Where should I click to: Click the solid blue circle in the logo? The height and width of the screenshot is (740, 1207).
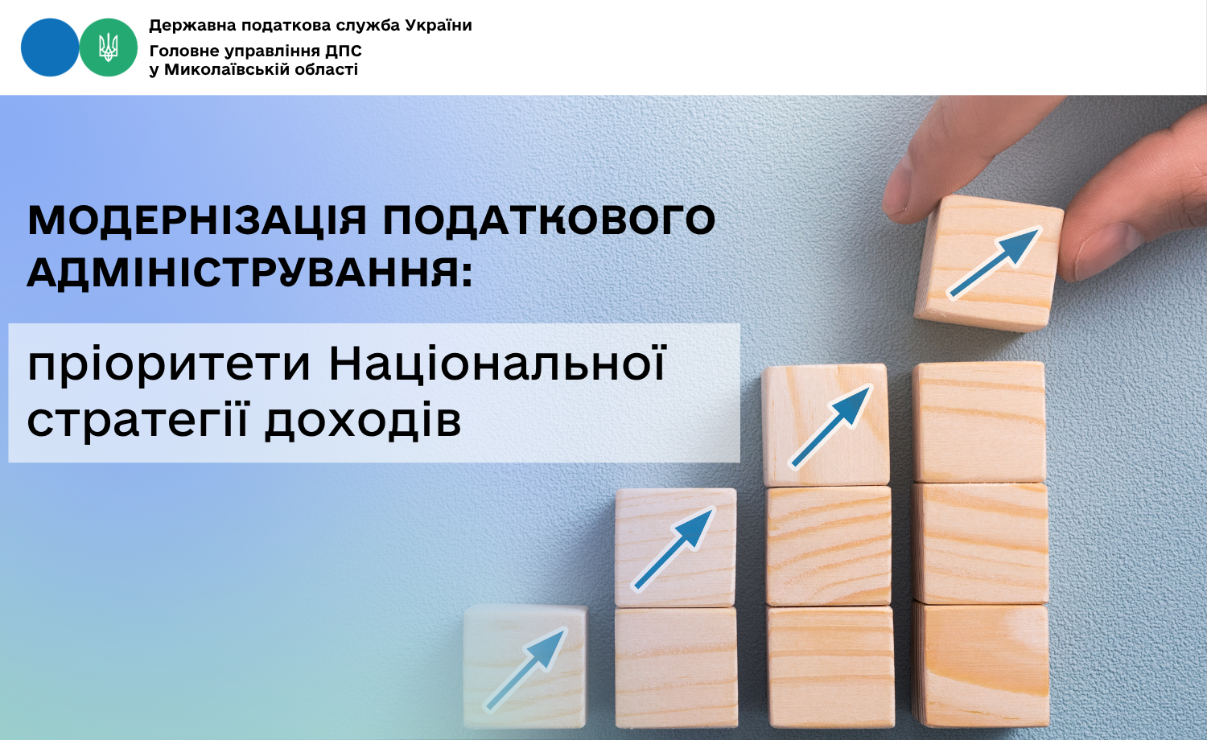point(50,47)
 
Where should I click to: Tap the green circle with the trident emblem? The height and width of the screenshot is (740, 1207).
point(109,47)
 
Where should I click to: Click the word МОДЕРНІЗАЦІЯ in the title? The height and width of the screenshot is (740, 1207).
point(197,220)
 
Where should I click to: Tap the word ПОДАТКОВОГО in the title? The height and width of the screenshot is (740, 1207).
point(549,220)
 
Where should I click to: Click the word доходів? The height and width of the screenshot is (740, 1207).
point(363,420)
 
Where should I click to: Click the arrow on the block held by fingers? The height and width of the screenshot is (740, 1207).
point(994,262)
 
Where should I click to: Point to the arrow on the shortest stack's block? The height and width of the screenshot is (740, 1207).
point(526,669)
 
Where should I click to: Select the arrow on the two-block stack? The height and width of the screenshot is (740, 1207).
point(674,549)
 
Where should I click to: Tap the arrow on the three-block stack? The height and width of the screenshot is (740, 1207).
point(830,426)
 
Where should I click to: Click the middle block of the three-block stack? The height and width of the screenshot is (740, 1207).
point(828,545)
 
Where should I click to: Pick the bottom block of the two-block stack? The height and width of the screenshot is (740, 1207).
point(676,667)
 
